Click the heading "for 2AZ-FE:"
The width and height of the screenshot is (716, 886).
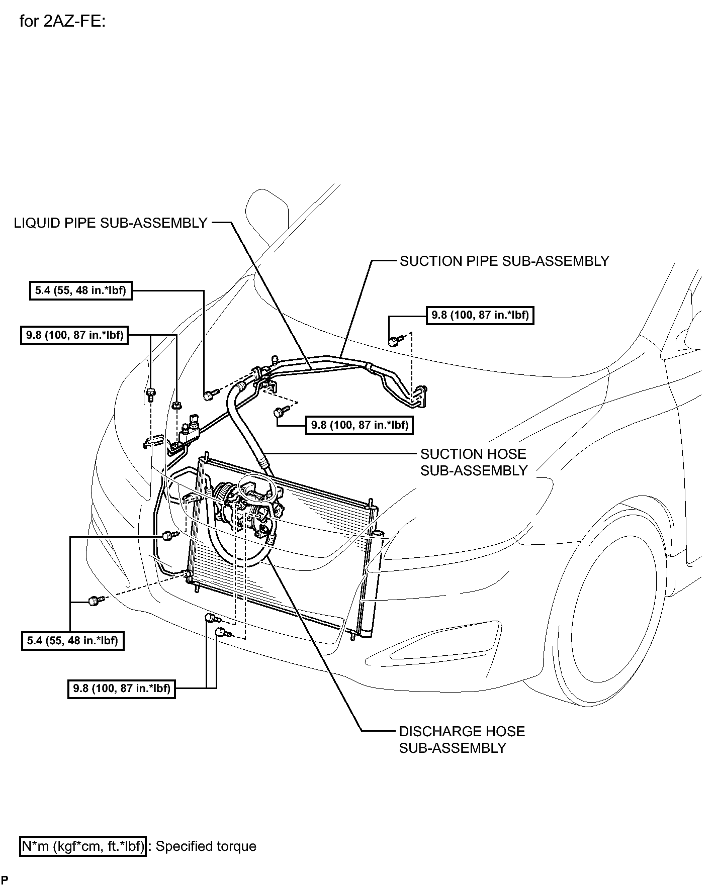62,22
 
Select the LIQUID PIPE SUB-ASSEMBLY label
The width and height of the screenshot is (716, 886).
111,223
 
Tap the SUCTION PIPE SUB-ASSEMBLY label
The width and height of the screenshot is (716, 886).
504,261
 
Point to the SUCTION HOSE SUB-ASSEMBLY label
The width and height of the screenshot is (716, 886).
474,462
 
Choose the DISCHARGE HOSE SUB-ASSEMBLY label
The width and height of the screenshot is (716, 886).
462,740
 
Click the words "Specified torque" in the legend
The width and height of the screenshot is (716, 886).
206,846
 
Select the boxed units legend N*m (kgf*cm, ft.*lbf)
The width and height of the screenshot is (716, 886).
83,846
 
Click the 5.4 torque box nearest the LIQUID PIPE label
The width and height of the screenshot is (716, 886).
81,290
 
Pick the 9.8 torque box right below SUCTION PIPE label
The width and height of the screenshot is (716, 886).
480,315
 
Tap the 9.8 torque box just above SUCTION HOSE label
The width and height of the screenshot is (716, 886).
359,425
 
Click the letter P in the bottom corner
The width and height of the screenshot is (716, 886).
5,879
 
